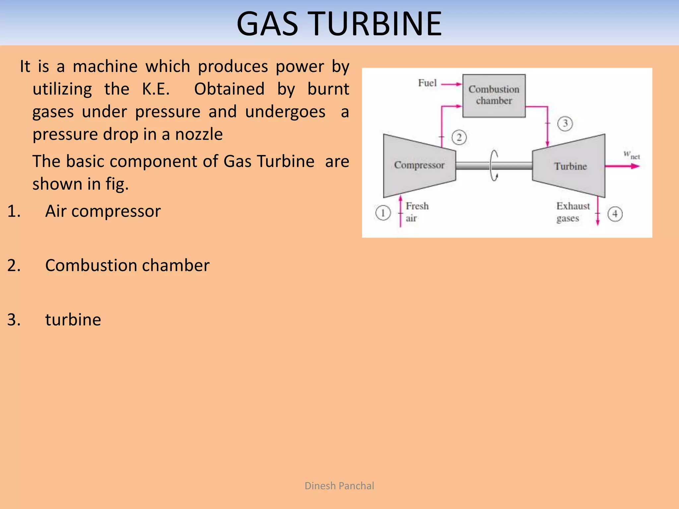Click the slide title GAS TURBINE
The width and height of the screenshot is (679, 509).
(339, 24)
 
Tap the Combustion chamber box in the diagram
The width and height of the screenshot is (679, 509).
(494, 95)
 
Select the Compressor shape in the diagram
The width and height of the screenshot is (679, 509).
(419, 165)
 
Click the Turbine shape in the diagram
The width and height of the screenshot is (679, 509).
(570, 166)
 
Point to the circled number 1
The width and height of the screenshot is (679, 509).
(383, 213)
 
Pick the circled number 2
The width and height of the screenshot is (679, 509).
(459, 137)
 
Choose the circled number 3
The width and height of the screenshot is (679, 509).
(565, 124)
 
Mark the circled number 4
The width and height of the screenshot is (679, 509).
(615, 214)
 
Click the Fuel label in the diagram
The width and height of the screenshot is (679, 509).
(427, 83)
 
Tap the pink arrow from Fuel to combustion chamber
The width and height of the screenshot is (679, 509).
(452, 84)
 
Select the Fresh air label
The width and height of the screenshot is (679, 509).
(417, 212)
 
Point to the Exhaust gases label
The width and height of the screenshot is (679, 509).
(573, 212)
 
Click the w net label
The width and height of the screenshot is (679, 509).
(631, 155)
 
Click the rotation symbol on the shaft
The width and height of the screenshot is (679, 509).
(494, 165)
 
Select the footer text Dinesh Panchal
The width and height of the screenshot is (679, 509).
(339, 486)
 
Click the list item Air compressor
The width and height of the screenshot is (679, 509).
(103, 211)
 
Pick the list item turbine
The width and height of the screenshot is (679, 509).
(73, 320)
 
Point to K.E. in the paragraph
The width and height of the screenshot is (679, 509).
(156, 89)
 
